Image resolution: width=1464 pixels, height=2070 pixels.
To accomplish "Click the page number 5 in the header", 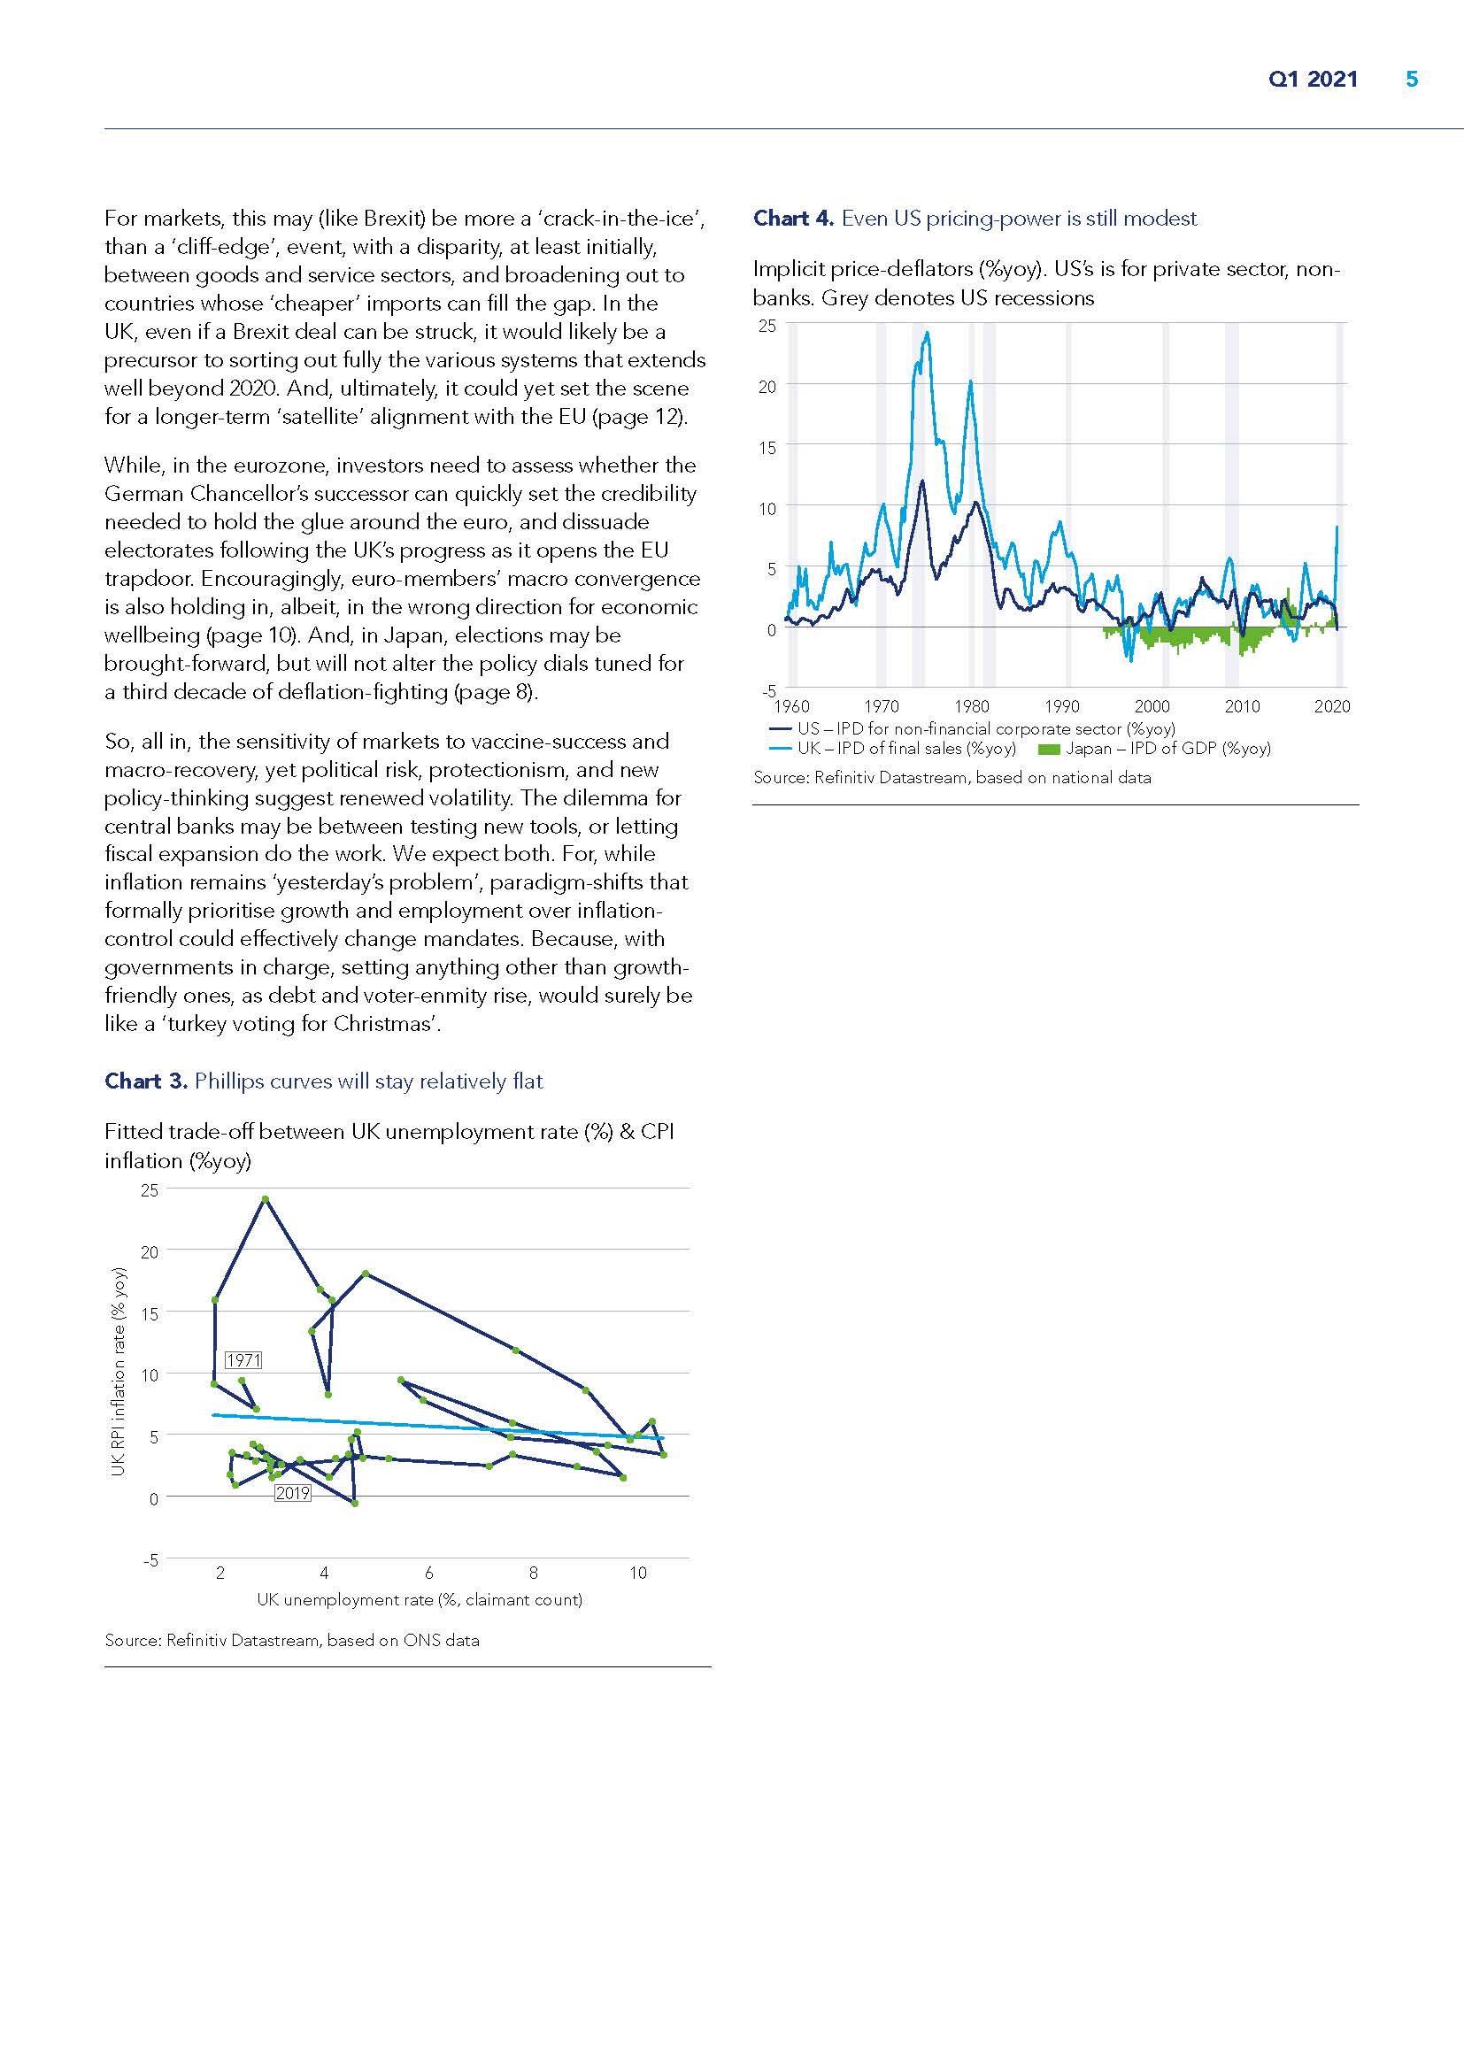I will (1412, 80).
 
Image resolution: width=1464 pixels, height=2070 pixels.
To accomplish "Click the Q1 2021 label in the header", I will (1313, 80).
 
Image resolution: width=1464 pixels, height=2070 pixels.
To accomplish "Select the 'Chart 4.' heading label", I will (793, 219).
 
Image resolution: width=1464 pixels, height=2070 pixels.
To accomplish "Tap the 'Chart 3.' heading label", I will (145, 1081).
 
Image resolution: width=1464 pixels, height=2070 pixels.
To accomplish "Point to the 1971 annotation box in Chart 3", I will (243, 1360).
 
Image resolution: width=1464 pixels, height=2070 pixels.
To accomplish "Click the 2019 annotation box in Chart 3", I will (292, 1493).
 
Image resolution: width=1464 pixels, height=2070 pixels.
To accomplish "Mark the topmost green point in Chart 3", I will (265, 1200).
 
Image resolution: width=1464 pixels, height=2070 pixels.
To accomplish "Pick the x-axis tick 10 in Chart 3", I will (637, 1574).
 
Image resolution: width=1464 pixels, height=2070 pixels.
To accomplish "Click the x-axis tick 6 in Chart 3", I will (428, 1574).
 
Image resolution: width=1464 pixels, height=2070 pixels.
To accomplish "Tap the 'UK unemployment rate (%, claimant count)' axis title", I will (420, 1599).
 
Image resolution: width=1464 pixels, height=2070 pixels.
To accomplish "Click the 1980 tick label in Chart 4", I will (971, 707).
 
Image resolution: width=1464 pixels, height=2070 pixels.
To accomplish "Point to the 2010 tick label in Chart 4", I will (1241, 707).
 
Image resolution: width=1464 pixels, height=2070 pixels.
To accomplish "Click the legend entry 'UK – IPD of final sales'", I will (906, 749).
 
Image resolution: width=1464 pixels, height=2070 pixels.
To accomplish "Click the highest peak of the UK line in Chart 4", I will (927, 333).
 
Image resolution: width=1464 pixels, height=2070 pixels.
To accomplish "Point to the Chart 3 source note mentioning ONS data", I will (291, 1641).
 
